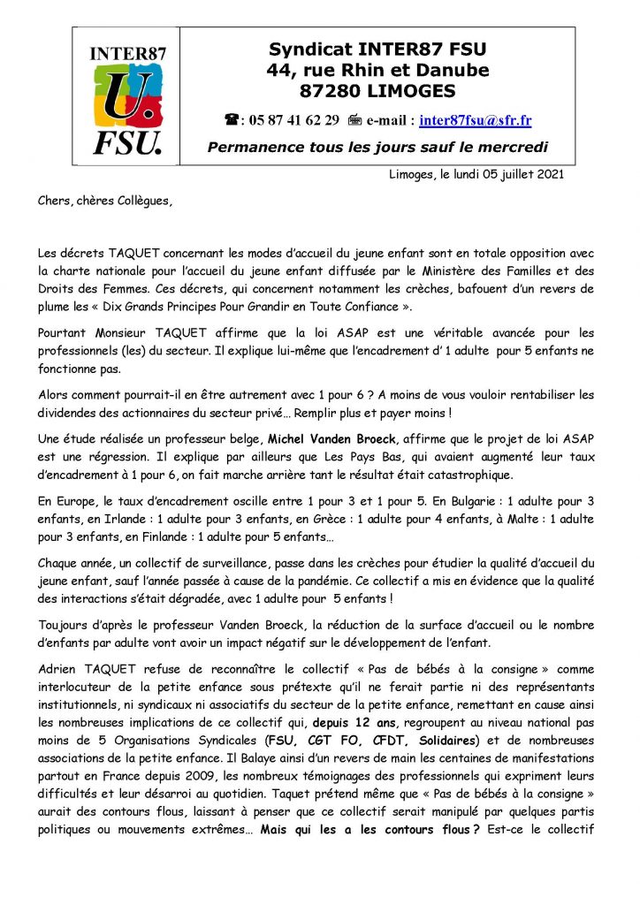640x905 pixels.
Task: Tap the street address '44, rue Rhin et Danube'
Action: point(378,69)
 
